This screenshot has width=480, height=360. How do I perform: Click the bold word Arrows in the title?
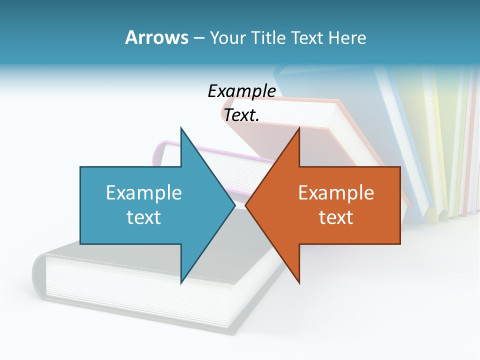tap(156, 37)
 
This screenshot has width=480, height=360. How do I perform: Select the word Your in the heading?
tap(228, 37)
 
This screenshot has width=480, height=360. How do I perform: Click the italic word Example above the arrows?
tap(241, 91)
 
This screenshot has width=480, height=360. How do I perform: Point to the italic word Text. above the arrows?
tap(241, 115)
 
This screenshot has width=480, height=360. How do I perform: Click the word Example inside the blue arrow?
tap(144, 192)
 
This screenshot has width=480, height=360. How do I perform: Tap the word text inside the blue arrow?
tap(144, 217)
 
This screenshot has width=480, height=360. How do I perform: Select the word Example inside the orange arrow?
tap(336, 192)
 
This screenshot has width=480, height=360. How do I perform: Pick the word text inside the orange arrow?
tap(336, 217)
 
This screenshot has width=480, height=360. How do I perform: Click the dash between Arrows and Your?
tap(198, 38)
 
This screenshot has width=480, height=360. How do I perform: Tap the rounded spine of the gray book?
tap(39, 275)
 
